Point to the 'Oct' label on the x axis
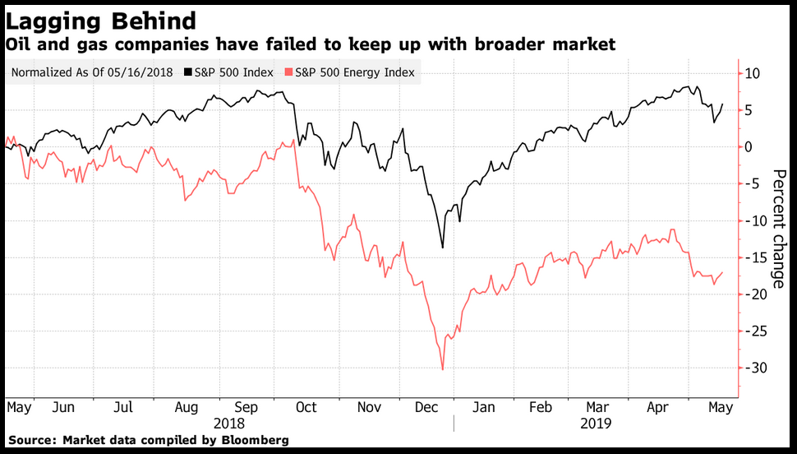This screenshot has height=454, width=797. point(306,407)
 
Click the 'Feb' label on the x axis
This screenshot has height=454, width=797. point(540,407)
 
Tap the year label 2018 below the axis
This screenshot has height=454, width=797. point(230,424)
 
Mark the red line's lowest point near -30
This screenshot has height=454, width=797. point(443,369)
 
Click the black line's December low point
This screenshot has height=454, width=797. point(443,247)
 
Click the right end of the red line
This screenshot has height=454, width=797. point(723,272)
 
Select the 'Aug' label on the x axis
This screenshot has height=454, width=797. point(187,407)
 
